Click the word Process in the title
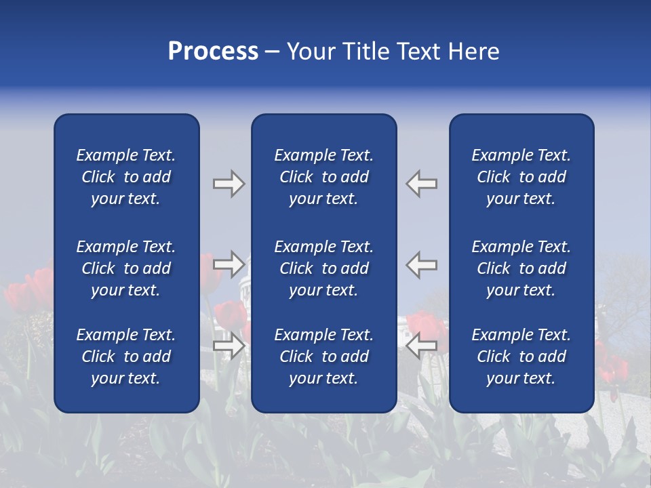(x=213, y=52)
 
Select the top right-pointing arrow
(x=229, y=184)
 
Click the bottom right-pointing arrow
(x=229, y=346)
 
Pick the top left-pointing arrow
(x=422, y=184)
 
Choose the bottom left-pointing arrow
(x=422, y=346)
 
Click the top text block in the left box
(x=126, y=177)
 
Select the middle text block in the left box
(x=126, y=268)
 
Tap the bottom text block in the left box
(x=126, y=357)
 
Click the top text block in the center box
(x=323, y=177)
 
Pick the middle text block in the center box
(x=323, y=268)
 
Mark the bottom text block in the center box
(x=323, y=357)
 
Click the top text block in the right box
(x=521, y=177)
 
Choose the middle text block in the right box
(x=521, y=268)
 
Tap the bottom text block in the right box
(x=521, y=357)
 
